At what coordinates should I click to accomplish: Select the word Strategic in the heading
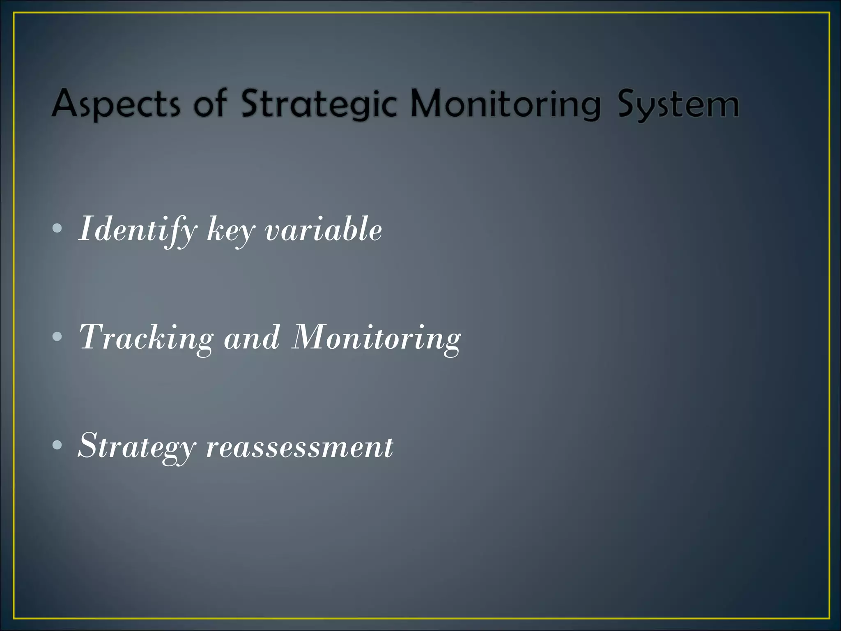(x=319, y=104)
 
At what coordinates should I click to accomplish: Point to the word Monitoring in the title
(x=506, y=104)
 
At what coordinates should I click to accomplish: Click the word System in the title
(x=678, y=104)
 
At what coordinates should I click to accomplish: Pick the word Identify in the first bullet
(x=138, y=230)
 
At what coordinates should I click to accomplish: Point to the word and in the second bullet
(x=252, y=338)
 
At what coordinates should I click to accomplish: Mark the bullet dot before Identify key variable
(x=57, y=228)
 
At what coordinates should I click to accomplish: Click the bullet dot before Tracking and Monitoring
(x=57, y=337)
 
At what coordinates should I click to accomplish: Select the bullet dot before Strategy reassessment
(x=57, y=445)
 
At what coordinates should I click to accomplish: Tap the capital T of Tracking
(x=91, y=337)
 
